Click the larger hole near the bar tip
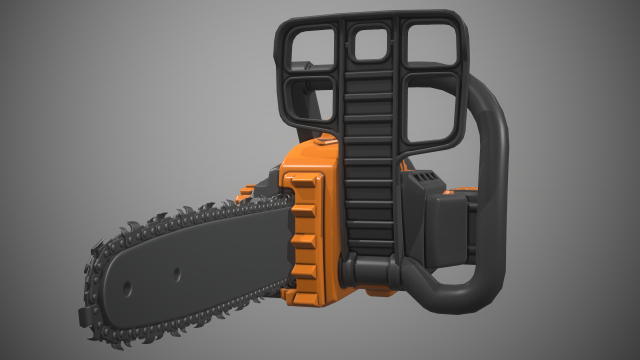[x=128, y=287]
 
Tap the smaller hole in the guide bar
[x=175, y=271]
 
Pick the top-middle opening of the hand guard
[x=370, y=42]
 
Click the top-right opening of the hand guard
[x=430, y=45]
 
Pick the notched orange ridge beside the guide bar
[x=302, y=225]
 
